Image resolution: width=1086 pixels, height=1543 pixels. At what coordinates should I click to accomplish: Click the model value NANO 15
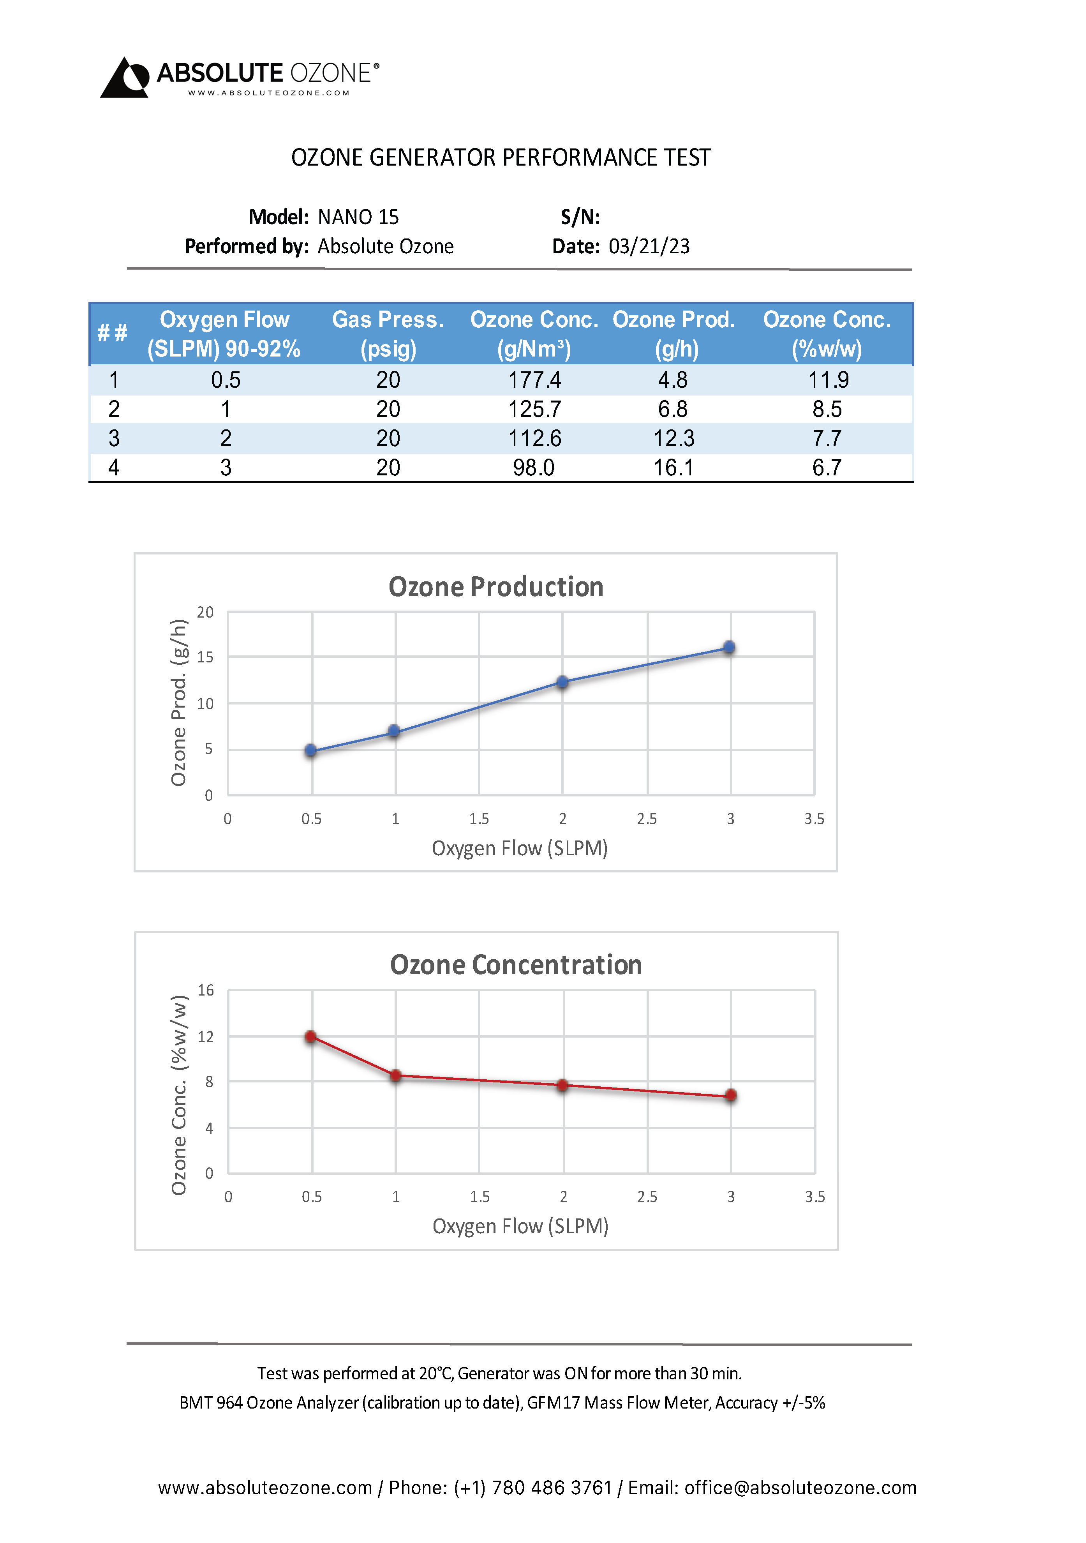coord(358,217)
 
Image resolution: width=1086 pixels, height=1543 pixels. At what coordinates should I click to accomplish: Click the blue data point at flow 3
coord(729,647)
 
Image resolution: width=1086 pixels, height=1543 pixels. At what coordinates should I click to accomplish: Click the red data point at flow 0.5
coord(310,1036)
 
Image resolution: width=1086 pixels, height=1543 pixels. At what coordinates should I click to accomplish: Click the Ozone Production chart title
coord(496,587)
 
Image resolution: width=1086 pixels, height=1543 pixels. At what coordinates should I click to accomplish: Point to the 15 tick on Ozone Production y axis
coord(205,657)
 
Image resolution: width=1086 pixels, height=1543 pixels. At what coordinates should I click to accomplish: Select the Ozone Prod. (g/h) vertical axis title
coord(178,702)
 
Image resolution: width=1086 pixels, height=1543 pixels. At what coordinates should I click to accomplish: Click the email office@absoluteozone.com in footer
coord(800,1488)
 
